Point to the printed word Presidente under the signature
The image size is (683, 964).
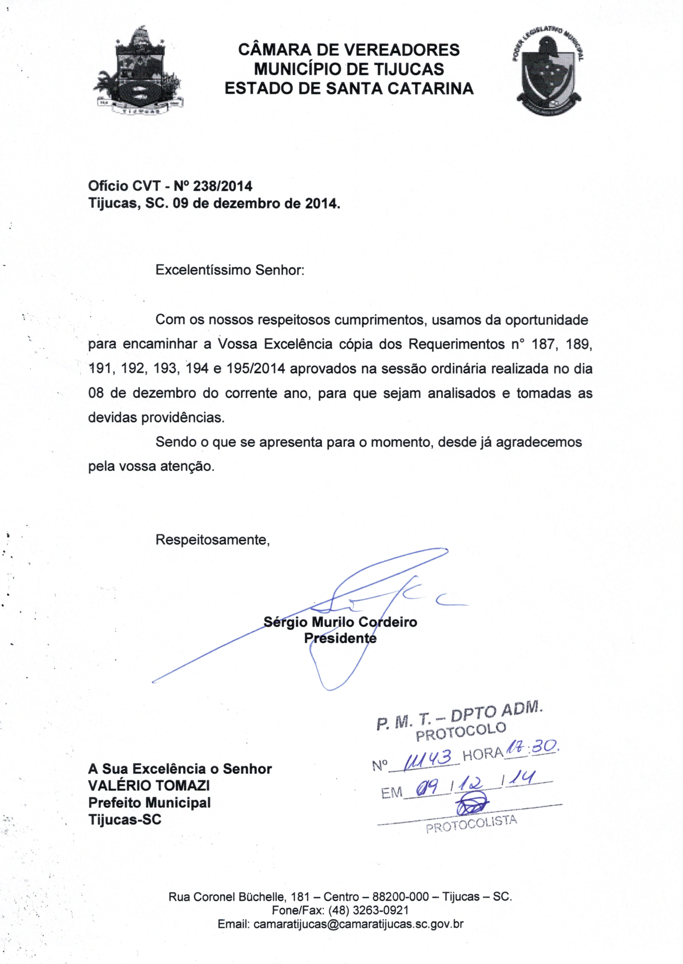pos(340,638)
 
